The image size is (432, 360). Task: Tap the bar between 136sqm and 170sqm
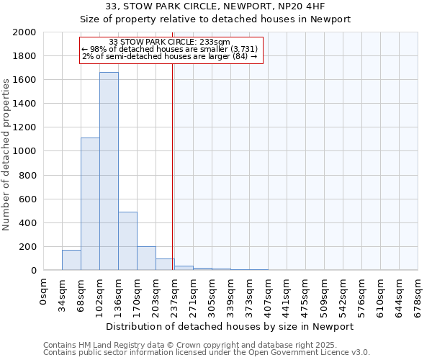pyautogui.click(x=127, y=240)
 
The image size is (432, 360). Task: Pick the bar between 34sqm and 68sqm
pyautogui.click(x=71, y=260)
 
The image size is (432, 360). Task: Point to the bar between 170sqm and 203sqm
pyautogui.click(x=146, y=258)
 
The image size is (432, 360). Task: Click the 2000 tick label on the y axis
pyautogui.click(x=24, y=32)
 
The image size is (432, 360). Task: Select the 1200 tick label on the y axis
pyautogui.click(x=24, y=127)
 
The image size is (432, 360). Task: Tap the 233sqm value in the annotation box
pyautogui.click(x=216, y=42)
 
